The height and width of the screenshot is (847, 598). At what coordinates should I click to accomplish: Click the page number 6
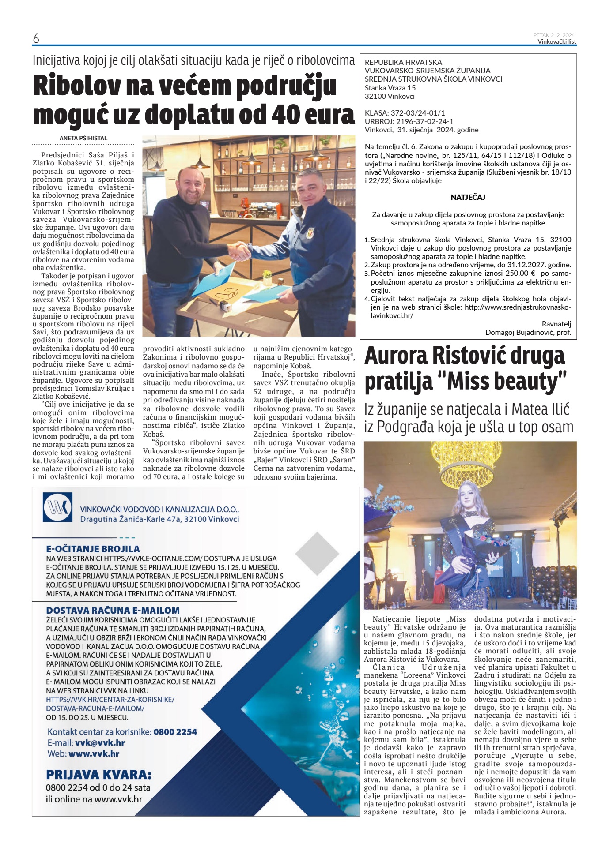click(36, 39)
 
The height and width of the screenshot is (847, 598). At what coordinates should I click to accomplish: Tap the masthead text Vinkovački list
click(556, 41)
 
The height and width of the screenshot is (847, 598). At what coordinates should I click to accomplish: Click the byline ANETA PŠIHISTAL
click(83, 138)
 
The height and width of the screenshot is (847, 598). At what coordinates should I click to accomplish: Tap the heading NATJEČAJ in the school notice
click(468, 197)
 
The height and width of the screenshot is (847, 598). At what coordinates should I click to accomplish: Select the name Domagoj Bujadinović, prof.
click(528, 332)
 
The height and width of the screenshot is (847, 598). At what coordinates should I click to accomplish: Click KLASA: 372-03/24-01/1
click(405, 113)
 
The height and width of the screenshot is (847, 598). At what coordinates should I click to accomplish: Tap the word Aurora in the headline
click(394, 356)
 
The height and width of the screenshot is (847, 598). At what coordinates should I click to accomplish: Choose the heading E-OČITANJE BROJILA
click(93, 549)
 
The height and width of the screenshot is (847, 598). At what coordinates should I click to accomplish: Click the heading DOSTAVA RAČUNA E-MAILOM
click(113, 611)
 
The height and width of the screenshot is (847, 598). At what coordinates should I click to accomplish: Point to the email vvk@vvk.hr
click(100, 743)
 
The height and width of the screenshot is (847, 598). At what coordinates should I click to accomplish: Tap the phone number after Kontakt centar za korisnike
click(175, 732)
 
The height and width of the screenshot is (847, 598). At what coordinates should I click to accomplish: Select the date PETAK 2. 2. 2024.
click(554, 35)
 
